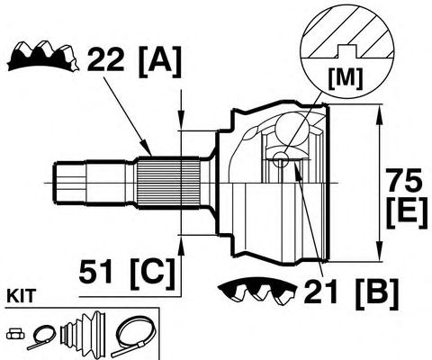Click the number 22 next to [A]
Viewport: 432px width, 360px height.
pyautogui.click(x=105, y=58)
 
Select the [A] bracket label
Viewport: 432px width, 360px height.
pyautogui.click(x=160, y=61)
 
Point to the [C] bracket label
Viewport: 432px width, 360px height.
pyautogui.click(x=153, y=274)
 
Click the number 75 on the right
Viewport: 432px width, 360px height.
pyautogui.click(x=404, y=180)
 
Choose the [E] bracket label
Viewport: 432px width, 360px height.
pyautogui.click(x=407, y=213)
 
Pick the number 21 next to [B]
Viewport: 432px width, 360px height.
pyautogui.click(x=320, y=292)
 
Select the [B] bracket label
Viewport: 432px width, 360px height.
pyautogui.click(x=377, y=294)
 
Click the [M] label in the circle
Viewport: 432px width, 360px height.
pyautogui.click(x=346, y=78)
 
